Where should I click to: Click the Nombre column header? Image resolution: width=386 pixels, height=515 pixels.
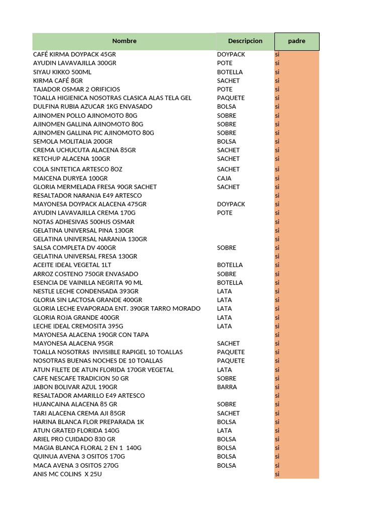tap(124, 41)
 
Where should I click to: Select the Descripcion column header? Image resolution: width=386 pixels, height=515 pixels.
tap(245, 41)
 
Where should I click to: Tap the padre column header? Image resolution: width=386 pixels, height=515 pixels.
tap(297, 41)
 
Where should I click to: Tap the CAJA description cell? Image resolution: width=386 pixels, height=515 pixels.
tap(224, 178)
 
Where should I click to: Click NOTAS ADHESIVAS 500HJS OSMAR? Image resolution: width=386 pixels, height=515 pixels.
tap(83, 222)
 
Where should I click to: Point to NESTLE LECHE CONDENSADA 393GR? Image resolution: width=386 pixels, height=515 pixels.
tap(85, 291)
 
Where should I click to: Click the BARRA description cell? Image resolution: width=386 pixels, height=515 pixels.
tap(227, 387)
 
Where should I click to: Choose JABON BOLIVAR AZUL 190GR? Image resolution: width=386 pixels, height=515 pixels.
tap(75, 387)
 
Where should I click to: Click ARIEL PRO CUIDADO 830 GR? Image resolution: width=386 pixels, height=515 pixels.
tap(74, 439)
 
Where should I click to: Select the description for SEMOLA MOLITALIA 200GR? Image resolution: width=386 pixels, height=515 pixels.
tap(226, 141)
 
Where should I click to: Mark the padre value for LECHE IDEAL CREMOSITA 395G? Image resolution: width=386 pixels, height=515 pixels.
tap(277, 326)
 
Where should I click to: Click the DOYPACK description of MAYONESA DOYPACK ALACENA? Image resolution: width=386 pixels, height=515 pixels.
tap(231, 204)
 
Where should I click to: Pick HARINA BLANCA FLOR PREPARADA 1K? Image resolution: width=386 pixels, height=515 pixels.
tap(88, 422)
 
